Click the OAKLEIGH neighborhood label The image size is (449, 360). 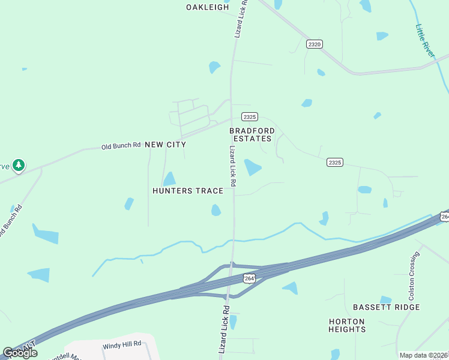click(208, 7)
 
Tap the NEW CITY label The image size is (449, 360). click(166, 145)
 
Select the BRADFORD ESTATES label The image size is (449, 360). click(252, 134)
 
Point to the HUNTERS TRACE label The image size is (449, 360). click(188, 191)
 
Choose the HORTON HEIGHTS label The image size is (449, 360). click(347, 325)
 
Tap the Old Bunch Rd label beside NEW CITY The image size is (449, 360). click(121, 145)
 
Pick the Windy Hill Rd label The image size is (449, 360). click(121, 344)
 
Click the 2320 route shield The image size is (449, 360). click(315, 44)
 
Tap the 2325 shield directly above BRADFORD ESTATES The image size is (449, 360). click(250, 116)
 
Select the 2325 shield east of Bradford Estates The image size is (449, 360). click(335, 163)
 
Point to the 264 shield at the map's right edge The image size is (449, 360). click(444, 217)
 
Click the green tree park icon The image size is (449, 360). click(19, 164)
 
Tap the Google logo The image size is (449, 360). click(20, 352)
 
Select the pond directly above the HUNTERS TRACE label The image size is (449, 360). click(170, 179)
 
